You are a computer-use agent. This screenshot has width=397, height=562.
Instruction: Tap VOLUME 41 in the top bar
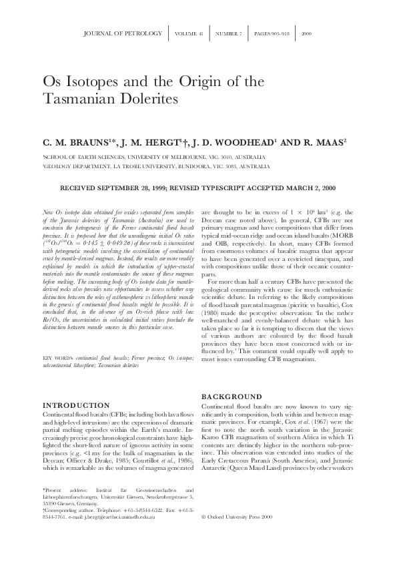click(x=190, y=32)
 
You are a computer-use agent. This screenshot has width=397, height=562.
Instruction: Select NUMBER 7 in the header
click(x=229, y=32)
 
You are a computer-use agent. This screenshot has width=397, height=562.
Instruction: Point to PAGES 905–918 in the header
click(x=272, y=32)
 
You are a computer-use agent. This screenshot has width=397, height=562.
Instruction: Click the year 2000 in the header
click(x=307, y=32)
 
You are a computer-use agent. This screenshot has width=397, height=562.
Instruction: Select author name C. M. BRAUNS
click(x=71, y=142)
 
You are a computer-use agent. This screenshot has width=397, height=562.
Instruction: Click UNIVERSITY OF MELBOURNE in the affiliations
click(x=157, y=155)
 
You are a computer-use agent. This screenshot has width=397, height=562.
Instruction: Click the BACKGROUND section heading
click(x=232, y=396)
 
